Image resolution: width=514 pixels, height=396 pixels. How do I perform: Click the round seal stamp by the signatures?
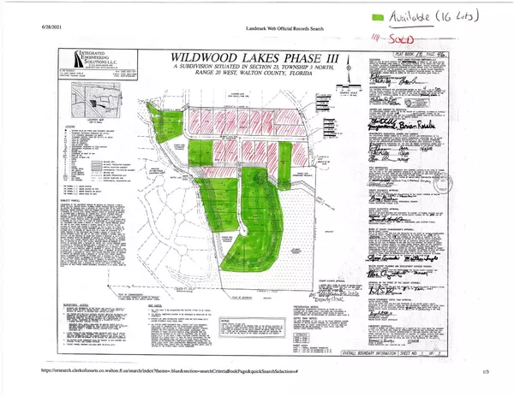coord(442,182)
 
